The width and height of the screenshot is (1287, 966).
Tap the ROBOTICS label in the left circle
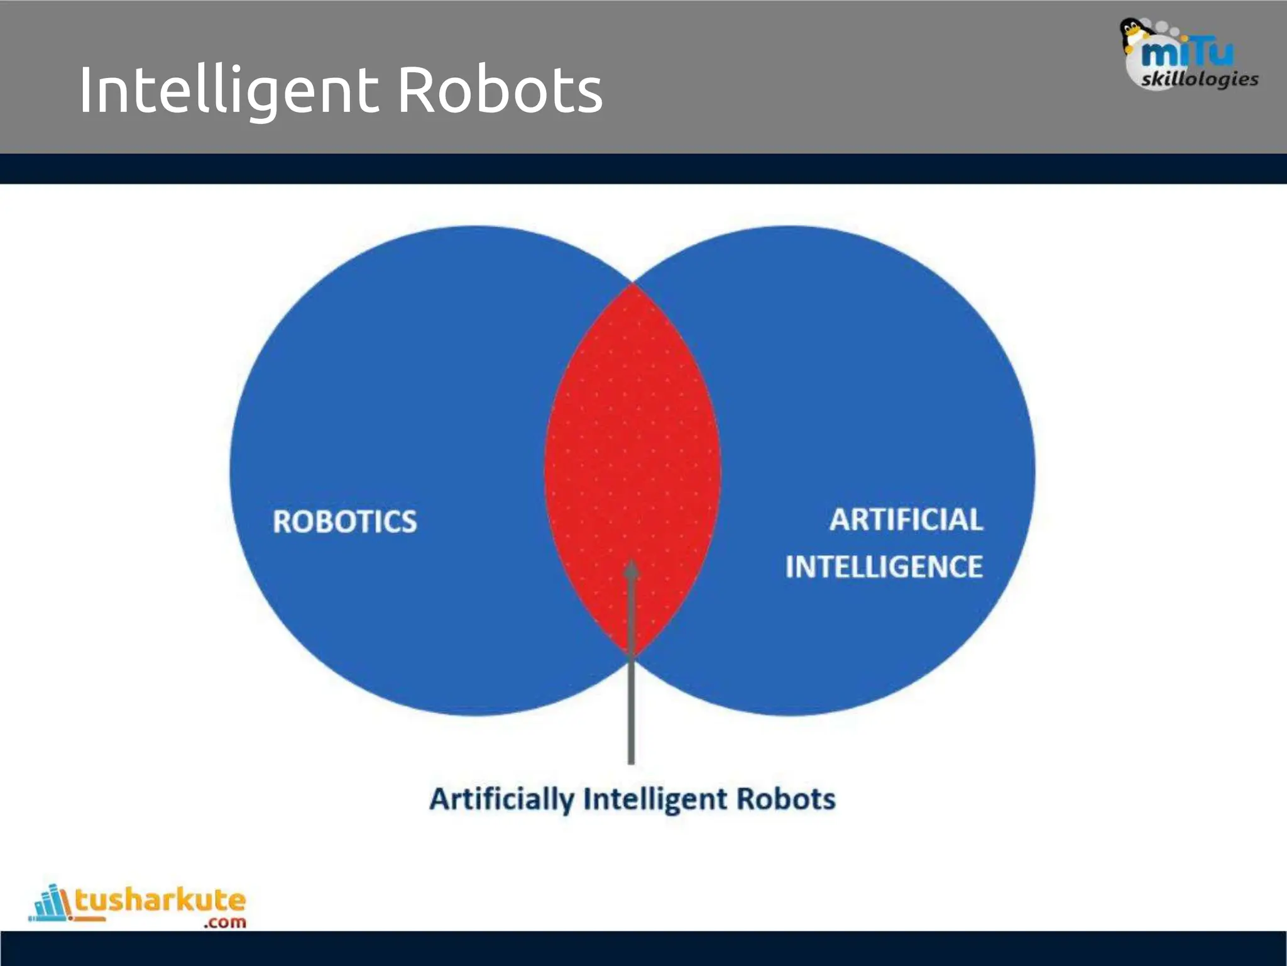point(344,521)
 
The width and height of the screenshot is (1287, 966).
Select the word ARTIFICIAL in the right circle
point(906,519)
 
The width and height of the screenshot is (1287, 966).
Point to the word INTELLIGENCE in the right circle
point(884,566)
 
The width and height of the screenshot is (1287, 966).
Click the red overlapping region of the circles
point(632,440)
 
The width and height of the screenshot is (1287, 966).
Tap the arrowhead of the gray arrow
point(632,569)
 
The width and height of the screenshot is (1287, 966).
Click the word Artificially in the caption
point(501,799)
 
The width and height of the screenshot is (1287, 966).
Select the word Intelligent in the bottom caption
point(655,799)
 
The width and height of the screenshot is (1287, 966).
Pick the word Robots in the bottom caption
point(786,799)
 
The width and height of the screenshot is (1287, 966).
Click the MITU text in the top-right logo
point(1186,52)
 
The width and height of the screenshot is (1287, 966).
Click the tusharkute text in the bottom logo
point(160,900)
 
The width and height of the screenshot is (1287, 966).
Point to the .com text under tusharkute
point(224,923)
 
